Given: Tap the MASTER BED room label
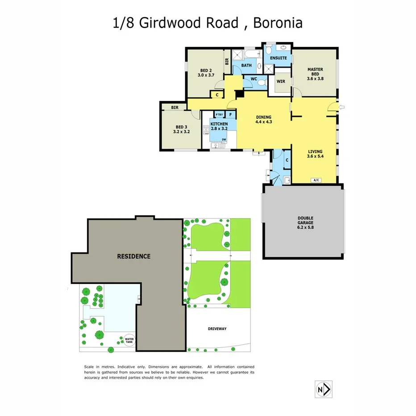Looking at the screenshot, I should click(315, 70).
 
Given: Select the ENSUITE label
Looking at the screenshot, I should click(279, 58).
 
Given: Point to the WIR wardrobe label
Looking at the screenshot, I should click(281, 81).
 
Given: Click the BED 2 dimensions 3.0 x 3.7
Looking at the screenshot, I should click(206, 75).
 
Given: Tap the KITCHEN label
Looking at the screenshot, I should click(219, 124).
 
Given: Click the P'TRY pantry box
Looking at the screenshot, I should click(218, 114).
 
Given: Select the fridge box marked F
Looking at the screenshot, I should click(230, 114).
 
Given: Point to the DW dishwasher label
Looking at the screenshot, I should click(224, 139).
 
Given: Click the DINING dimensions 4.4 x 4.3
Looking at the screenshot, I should click(263, 121).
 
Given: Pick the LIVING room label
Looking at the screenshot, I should click(315, 151).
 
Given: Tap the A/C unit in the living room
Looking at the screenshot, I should click(316, 180).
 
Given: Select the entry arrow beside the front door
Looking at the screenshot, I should click(342, 107).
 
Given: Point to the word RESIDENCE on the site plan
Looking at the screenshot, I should click(133, 256).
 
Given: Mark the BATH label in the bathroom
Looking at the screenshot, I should click(246, 66).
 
